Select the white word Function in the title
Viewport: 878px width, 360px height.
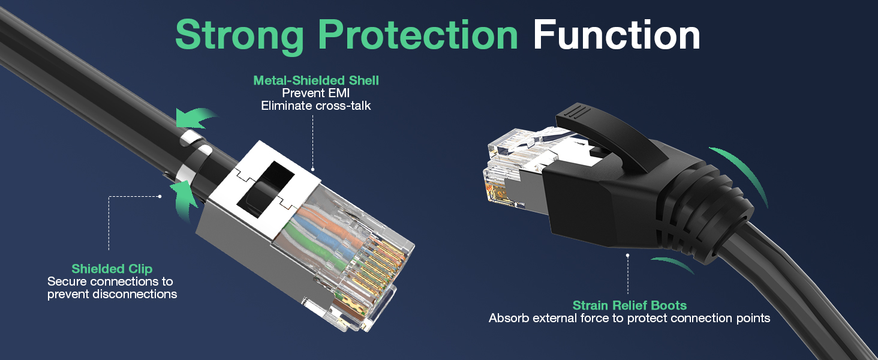(x=617, y=35)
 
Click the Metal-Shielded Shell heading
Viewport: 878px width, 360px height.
(x=316, y=80)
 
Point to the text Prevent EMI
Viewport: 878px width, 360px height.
(x=316, y=93)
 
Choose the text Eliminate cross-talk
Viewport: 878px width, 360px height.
(x=316, y=106)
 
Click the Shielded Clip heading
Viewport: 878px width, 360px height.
(x=112, y=269)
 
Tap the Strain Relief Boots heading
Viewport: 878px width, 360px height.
(x=629, y=305)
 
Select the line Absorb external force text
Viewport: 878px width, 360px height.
(x=629, y=318)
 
